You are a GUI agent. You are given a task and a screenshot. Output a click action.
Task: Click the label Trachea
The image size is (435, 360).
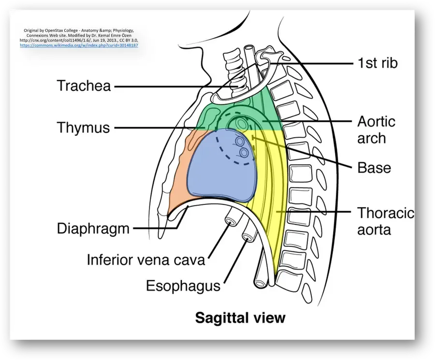pos(84,86)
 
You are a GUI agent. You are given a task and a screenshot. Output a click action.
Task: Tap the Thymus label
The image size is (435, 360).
pos(83,128)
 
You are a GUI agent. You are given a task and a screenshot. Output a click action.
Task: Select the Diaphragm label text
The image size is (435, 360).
pos(93,229)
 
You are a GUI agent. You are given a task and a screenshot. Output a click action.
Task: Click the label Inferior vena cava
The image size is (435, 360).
pos(146,260)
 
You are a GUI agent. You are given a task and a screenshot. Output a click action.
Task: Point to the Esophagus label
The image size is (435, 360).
pos(183,286)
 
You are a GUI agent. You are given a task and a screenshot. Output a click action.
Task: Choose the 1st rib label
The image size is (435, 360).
pos(377,63)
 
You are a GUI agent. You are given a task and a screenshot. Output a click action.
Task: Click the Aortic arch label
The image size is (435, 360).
pos(376,130)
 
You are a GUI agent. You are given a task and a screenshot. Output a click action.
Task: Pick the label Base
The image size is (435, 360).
pos(374,168)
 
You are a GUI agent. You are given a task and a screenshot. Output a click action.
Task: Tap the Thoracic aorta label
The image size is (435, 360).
pos(386,221)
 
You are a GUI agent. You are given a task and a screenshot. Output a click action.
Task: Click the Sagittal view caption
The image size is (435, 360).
pos(240,318)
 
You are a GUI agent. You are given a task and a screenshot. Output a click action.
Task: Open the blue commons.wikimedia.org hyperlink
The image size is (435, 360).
pos(79,45)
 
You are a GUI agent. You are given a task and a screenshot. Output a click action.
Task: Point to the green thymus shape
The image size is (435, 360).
pos(211,116)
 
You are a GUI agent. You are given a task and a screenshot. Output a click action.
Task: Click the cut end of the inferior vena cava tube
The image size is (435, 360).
pos(230,221)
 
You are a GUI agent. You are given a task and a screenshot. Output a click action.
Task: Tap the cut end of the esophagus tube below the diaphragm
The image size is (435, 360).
pos(247,237)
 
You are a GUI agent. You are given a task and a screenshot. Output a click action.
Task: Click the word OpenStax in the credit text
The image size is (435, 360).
pos(54,30)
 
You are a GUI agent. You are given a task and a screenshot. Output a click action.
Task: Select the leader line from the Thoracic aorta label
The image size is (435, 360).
pos(314,212)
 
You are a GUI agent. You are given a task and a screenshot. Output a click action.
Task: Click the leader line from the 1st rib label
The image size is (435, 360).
pos(311,63)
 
